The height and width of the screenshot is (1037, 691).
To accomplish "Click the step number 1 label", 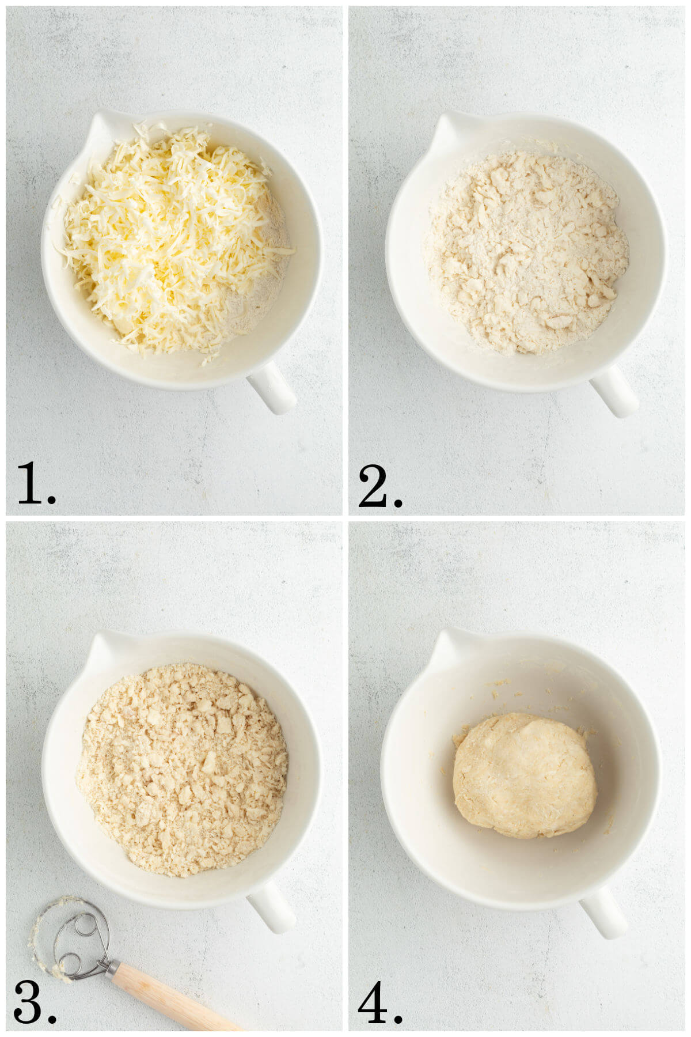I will click(x=36, y=483).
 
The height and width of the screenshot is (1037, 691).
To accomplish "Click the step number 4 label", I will click(x=379, y=1002).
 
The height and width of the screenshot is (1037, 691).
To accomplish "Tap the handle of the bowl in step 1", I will click(x=272, y=387).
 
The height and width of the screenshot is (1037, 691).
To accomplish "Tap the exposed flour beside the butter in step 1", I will click(x=259, y=288).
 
